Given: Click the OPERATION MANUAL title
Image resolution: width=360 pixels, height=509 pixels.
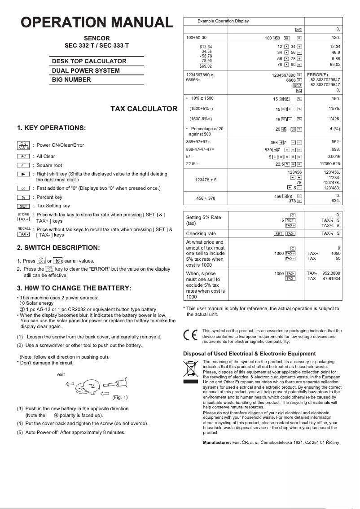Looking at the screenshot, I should pyautogui.click(x=97, y=22).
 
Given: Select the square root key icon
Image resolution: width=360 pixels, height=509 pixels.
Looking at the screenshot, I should pyautogui.click(x=23, y=165).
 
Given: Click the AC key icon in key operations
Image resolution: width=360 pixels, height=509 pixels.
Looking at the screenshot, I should pyautogui.click(x=23, y=156).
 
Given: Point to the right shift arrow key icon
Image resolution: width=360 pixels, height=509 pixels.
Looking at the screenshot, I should pyautogui.click(x=23, y=174).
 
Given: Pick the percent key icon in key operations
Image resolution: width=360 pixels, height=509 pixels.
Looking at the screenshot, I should pyautogui.click(x=23, y=197).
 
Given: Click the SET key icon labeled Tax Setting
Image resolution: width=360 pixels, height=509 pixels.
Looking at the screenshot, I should pyautogui.click(x=23, y=206).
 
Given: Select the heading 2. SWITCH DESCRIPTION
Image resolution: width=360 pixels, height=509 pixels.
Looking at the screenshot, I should pyautogui.click(x=58, y=248).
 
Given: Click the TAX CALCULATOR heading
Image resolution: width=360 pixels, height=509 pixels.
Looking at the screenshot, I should pyautogui.click(x=144, y=109).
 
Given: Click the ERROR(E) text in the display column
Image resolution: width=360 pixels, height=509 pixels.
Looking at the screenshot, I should pyautogui.click(x=317, y=75).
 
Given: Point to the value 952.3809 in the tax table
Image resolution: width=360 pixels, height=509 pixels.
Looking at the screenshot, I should pyautogui.click(x=331, y=273).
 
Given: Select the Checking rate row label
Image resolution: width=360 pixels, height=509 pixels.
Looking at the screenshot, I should pyautogui.click(x=201, y=233).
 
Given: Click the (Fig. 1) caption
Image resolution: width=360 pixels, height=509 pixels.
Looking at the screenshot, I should pyautogui.click(x=120, y=397).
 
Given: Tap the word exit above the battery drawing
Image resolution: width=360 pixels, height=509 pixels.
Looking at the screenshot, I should pyautogui.click(x=61, y=374).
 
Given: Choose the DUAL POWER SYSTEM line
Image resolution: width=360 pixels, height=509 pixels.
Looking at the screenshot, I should pyautogui.click(x=86, y=70).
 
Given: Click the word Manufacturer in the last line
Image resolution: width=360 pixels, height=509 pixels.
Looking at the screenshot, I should pyautogui.click(x=217, y=443).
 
